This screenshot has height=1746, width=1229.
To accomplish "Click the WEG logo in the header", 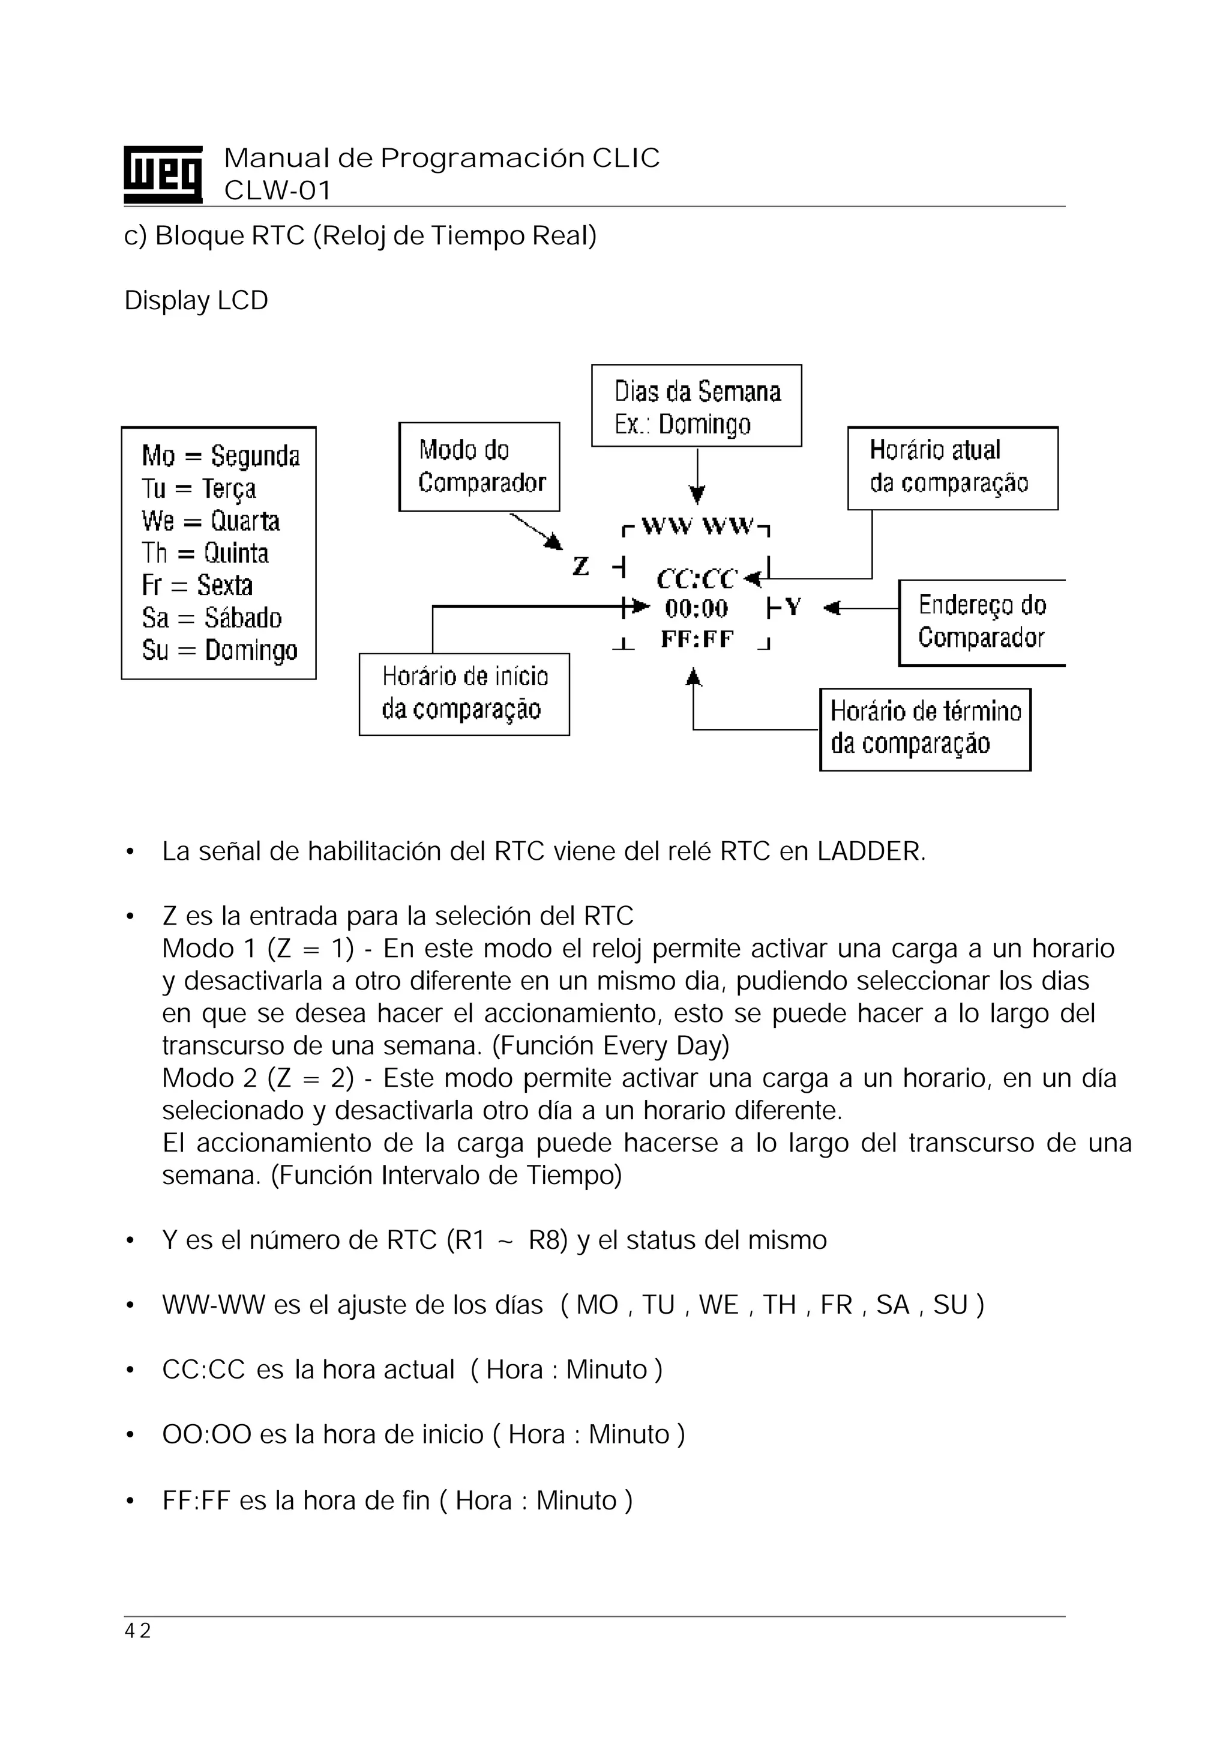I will coord(163,174).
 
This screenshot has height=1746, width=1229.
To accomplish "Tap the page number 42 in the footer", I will coord(137,1631).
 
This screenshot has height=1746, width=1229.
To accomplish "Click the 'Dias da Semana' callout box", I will coord(696,406).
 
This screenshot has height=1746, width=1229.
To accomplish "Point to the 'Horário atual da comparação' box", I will coord(952,468).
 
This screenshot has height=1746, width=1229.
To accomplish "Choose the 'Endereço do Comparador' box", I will coord(982,622).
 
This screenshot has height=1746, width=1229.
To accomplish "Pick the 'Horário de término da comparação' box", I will coord(925,728).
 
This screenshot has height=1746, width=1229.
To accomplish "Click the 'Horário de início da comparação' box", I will coord(464,693).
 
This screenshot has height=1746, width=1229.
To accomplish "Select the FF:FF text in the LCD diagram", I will coord(697,639).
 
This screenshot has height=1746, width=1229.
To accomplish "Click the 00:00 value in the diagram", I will coord(696,608).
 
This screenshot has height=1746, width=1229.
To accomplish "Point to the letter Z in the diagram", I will coord(581,567).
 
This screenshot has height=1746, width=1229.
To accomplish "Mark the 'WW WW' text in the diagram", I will coord(697,526).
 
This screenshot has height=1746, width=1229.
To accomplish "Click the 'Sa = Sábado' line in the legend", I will coord(211,617).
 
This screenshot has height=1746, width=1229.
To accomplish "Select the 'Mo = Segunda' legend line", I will coord(220,456).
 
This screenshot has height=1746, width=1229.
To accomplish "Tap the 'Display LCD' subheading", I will coord(196,300).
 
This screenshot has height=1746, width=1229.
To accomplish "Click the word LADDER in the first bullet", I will coord(870,852).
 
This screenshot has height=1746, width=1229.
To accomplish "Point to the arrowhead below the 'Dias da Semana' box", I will coord(697,496).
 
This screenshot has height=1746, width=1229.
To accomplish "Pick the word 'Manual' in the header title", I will coord(277,158).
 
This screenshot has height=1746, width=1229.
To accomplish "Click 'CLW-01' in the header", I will coord(277,190).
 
